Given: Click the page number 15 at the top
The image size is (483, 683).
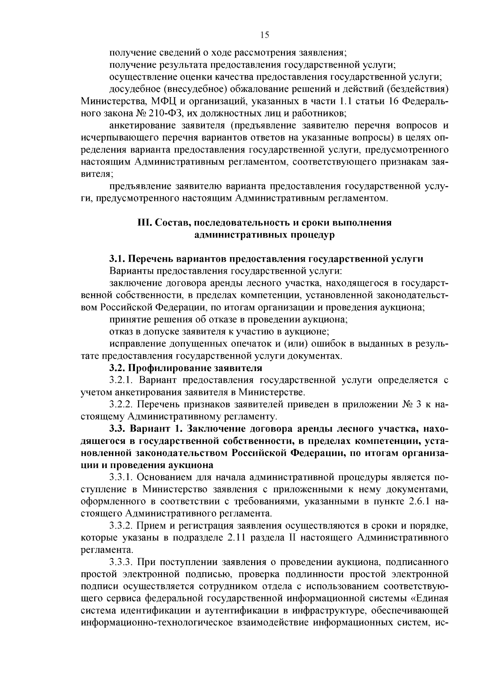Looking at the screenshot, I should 264,35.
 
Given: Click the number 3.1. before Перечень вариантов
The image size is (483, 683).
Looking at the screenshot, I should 117,258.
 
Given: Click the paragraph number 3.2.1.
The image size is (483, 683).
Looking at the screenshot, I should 121,380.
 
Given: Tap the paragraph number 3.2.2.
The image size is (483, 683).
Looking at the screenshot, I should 121,404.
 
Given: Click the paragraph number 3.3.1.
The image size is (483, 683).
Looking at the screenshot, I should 121,477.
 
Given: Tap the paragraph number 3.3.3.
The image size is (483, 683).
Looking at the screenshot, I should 121,561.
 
